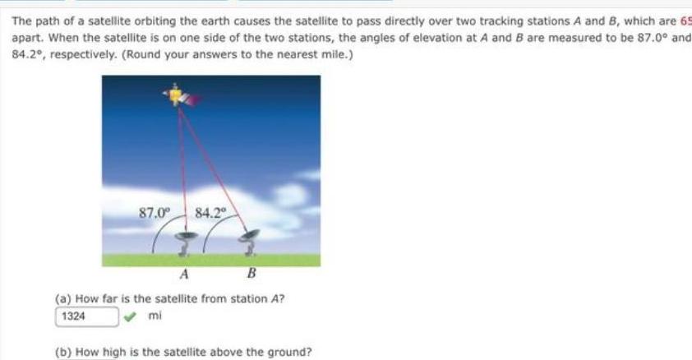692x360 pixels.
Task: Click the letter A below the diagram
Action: (x=185, y=274)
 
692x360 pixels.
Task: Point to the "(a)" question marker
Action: (x=62, y=298)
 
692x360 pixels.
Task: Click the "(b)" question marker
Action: (x=62, y=353)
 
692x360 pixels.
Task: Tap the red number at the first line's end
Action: (x=685, y=24)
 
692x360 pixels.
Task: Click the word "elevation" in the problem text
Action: (x=507, y=40)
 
